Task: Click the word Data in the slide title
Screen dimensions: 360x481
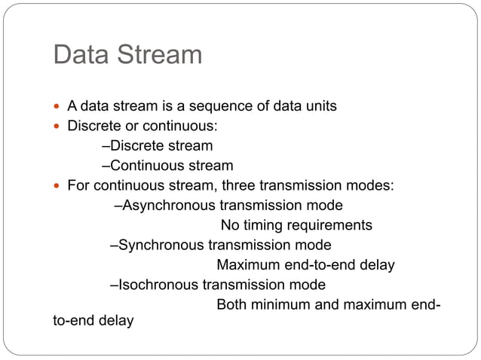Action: [x=80, y=55]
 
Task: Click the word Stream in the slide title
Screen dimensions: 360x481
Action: [x=158, y=55]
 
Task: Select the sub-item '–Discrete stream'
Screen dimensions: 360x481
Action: [x=157, y=146]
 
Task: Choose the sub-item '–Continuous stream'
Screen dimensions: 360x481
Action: [x=167, y=166]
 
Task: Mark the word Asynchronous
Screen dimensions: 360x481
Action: [x=168, y=206]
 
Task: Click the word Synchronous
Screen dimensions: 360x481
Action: [x=161, y=245]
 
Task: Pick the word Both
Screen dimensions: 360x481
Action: [x=231, y=305]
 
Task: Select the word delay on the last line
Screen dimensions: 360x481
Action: [x=116, y=321]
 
